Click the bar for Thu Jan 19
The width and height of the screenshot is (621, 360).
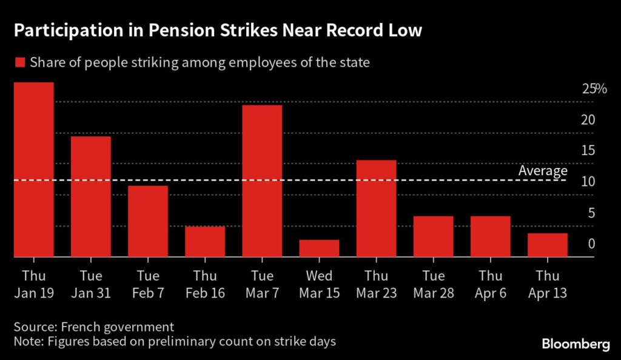tap(33, 170)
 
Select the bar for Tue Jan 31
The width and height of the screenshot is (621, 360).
tap(91, 197)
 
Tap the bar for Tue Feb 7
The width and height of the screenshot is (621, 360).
tap(148, 221)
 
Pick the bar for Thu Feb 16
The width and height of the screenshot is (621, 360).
tap(205, 242)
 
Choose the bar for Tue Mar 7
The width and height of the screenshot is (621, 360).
tap(262, 181)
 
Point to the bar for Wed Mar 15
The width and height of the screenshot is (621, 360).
tap(319, 248)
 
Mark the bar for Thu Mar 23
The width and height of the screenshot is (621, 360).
tap(376, 208)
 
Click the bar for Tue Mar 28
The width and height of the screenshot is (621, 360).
tap(433, 236)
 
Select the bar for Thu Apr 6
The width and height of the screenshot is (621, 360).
tap(490, 236)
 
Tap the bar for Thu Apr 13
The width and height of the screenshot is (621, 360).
tap(547, 245)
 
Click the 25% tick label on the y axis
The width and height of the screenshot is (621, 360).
tap(594, 89)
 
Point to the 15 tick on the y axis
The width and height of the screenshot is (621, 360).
tap(587, 151)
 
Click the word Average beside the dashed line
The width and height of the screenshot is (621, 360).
tap(543, 172)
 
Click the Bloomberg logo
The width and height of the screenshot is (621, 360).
tap(576, 344)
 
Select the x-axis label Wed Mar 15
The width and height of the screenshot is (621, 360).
tap(319, 284)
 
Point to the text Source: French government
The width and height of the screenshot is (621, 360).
tap(93, 327)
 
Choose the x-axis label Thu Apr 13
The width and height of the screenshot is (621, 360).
tap(547, 284)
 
